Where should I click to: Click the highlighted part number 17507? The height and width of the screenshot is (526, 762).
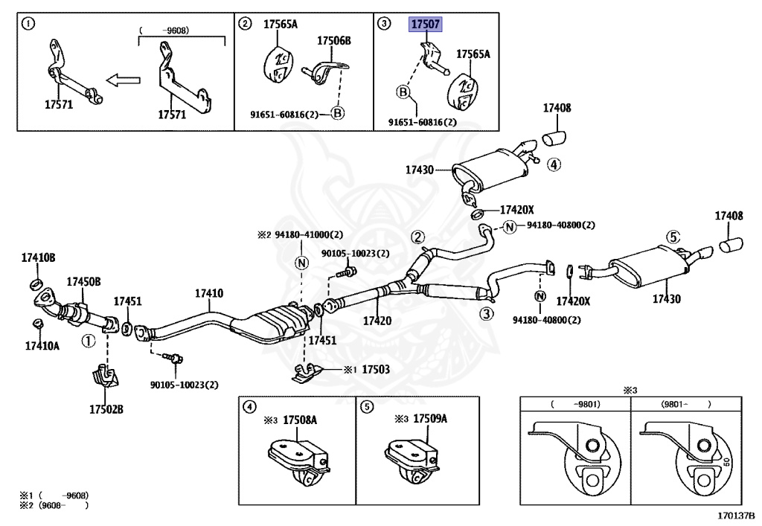(425, 25)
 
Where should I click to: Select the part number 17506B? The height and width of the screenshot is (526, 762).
(333, 40)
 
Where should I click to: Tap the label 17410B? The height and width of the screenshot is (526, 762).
(38, 258)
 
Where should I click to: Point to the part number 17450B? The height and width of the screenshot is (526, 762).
(84, 281)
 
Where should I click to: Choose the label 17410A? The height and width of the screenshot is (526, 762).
(42, 346)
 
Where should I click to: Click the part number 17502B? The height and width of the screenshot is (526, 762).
(106, 409)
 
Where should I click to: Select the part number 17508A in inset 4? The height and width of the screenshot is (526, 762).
(299, 419)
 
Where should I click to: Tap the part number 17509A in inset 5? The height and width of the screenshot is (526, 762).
(430, 419)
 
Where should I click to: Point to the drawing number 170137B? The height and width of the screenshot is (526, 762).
(736, 515)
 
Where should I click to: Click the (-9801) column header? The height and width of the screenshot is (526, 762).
(575, 404)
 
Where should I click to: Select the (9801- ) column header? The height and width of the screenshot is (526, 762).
(686, 404)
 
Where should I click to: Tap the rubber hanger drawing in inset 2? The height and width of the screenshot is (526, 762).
(276, 65)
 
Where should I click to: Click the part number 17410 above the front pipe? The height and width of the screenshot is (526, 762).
(208, 294)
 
